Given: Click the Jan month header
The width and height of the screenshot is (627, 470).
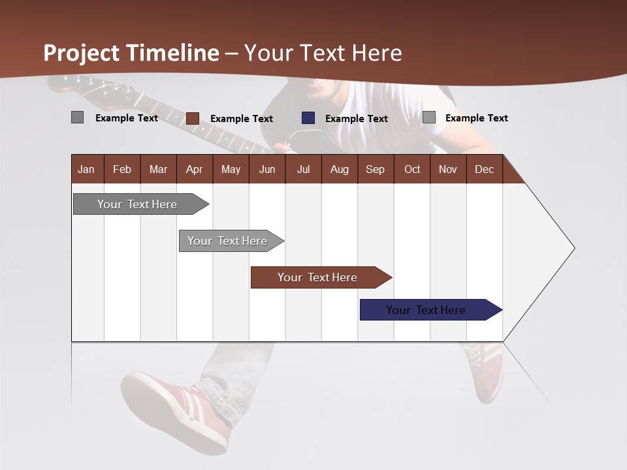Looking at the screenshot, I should click(86, 169).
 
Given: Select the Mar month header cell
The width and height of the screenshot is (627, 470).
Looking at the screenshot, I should click(158, 169).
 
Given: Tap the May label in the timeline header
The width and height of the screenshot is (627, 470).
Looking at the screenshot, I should click(231, 169).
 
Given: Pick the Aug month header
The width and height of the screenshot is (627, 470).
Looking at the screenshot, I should click(339, 169).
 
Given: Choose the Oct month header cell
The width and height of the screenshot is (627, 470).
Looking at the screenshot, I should click(412, 169).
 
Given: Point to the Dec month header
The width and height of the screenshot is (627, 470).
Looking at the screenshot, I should click(484, 169).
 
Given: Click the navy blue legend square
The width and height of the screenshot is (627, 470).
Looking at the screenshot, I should click(308, 118).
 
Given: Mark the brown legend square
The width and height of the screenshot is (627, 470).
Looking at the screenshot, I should click(193, 118).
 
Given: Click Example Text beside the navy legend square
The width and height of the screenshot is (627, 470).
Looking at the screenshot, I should click(356, 119).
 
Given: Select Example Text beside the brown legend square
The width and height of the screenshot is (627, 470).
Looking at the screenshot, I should click(241, 119).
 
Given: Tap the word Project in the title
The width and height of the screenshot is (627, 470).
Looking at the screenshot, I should click(82, 53).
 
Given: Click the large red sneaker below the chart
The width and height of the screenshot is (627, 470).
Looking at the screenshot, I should click(176, 408).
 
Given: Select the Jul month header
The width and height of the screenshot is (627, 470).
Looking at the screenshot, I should click(303, 169).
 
